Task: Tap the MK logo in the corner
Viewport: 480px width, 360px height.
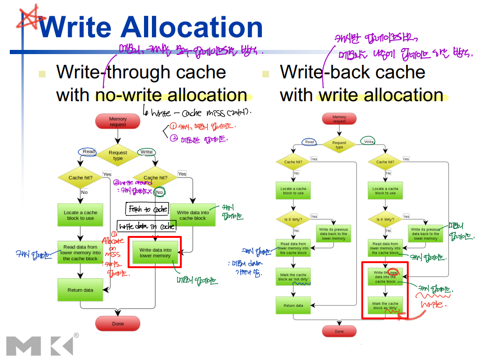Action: coord(40,345)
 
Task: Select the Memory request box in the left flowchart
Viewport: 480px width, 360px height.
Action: coord(118,122)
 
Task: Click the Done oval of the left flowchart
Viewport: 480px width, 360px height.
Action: coord(118,324)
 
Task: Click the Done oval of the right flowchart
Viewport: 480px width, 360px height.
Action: coord(339,332)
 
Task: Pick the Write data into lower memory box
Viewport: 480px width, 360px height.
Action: coord(155,253)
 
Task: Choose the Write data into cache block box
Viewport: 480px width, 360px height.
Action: coord(192,215)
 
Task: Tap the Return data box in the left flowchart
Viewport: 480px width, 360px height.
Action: coord(80,290)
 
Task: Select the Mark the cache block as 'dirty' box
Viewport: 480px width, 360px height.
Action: coord(385,306)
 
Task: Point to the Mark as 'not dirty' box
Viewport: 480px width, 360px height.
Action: coord(293,277)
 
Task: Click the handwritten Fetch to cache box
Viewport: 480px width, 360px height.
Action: coord(148,209)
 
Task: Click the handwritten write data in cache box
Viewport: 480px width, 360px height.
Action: coord(147,226)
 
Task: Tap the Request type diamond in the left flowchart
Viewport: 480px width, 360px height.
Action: coord(118,155)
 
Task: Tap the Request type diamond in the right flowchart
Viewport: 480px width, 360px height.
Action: coord(339,145)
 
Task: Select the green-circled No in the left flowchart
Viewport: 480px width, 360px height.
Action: coord(159,192)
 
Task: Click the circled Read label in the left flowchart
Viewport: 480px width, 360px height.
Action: coord(89,152)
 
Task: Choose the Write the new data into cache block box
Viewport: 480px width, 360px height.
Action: coord(385,277)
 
